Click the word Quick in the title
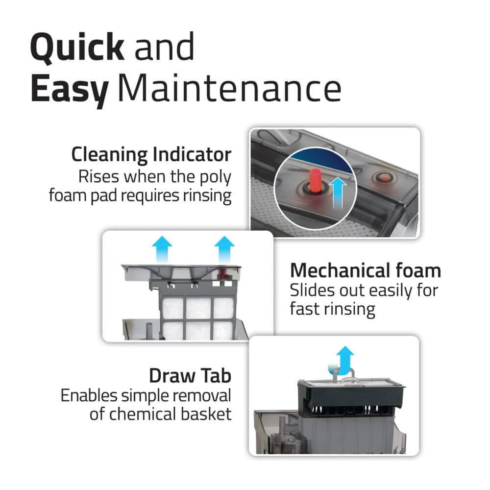[77, 47]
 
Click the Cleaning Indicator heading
[151, 154]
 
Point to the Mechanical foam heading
[366, 270]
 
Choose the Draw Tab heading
[190, 376]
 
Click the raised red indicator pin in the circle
[315, 180]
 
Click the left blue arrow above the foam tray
[162, 249]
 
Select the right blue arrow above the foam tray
[224, 249]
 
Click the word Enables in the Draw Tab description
[89, 395]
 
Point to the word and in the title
[164, 48]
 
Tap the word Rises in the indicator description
[99, 177]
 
